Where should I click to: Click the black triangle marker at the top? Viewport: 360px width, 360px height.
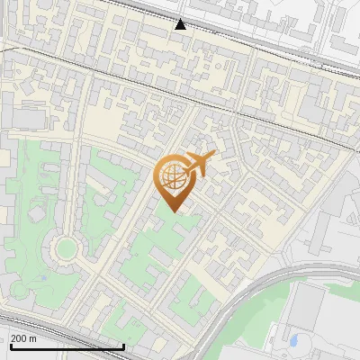tap(181, 24)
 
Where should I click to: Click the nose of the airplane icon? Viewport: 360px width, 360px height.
tap(213, 157)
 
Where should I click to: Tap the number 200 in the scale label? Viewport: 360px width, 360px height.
tap(20, 339)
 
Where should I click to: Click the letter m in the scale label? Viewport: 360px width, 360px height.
tap(33, 339)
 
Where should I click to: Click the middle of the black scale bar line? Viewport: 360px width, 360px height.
tap(66, 346)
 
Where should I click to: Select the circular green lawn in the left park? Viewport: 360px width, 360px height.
tap(64, 247)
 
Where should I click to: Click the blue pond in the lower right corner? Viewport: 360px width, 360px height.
tap(293, 341)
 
